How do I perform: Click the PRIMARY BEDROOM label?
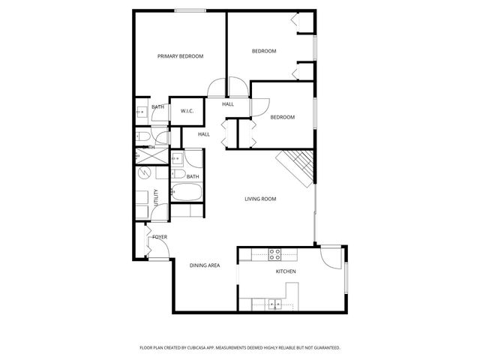tap(180, 56)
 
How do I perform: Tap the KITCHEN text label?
tap(286, 271)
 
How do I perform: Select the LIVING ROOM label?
tap(260, 199)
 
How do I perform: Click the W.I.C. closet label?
tap(187, 111)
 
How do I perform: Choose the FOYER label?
tap(159, 237)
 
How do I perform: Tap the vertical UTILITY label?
tap(156, 198)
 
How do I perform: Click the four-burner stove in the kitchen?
tap(275, 253)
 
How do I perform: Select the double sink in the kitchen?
tap(275, 304)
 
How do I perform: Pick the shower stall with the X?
tap(142, 154)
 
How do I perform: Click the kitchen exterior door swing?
tap(330, 256)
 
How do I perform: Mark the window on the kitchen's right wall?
tap(346, 279)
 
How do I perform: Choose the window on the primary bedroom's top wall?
tap(187, 10)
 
